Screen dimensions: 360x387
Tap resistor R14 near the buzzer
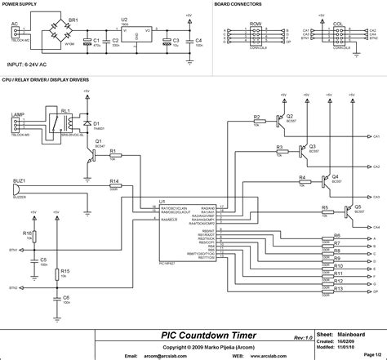[x=114, y=187]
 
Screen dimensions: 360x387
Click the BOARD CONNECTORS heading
[x=241, y=5]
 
